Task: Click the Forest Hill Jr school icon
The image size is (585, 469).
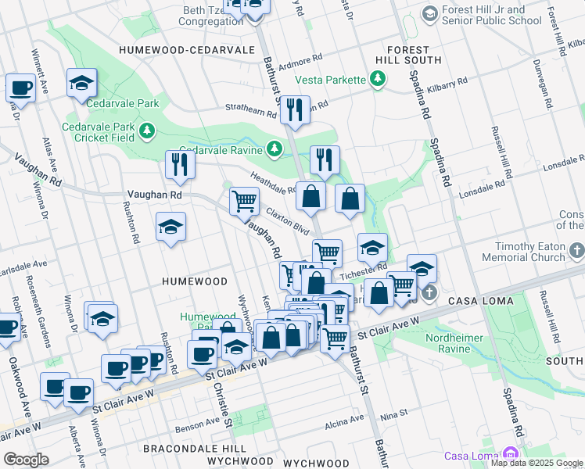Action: pos(429,14)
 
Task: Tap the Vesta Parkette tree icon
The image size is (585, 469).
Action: pos(378,79)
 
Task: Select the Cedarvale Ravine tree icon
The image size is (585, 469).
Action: pos(274,149)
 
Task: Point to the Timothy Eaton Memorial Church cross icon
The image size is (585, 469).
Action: pos(577,251)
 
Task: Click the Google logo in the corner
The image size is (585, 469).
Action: pos(27,460)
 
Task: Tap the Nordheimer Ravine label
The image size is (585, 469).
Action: pos(454,344)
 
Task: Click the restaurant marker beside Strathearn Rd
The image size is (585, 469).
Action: pos(295,110)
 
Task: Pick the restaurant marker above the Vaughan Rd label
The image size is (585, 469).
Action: pos(181,164)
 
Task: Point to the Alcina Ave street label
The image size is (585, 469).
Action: pos(345,420)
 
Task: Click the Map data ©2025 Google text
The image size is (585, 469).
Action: pos(537,463)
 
